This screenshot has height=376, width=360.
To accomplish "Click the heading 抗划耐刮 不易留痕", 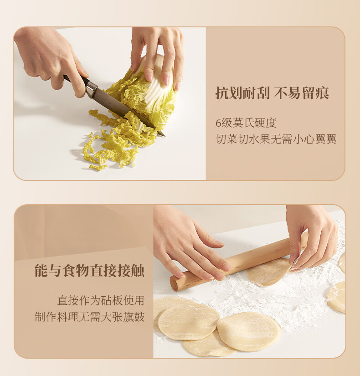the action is [272, 93].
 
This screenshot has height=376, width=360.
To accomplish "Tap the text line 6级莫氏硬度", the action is [246, 123].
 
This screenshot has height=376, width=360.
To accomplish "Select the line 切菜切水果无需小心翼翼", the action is [276, 139].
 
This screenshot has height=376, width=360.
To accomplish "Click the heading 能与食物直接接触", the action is [89, 271].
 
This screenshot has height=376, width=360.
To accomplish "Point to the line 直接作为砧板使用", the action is [101, 300].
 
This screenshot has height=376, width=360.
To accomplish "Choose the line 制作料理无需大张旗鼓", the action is [90, 317].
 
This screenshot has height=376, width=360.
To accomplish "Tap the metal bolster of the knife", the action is [92, 89].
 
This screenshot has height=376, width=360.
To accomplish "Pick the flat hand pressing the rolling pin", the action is [190, 245].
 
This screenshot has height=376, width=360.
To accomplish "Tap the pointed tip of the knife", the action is [165, 136].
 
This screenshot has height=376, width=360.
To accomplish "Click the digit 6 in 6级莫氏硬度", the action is [218, 123].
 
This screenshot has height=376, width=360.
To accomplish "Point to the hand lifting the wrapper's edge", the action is [312, 237].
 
